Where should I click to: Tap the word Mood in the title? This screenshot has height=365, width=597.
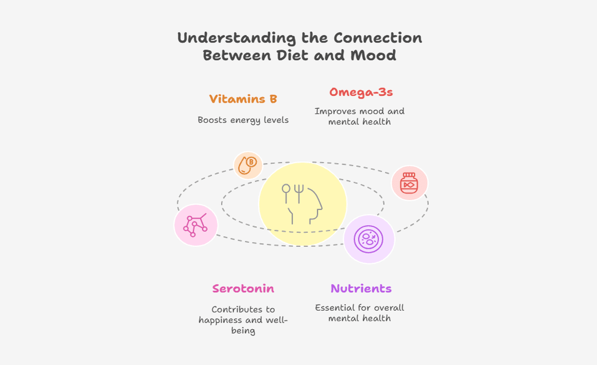(x=374, y=55)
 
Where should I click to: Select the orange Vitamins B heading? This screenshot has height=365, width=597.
(x=243, y=99)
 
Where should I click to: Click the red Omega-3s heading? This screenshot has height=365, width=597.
(x=361, y=92)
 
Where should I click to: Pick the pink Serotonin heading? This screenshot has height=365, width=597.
(x=243, y=288)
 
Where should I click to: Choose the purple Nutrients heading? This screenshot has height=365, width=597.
(x=361, y=288)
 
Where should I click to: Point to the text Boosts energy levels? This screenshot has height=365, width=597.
(x=243, y=120)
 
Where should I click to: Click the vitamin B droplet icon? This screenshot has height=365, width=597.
(x=248, y=165)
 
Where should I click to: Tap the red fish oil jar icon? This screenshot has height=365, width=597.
(x=409, y=184)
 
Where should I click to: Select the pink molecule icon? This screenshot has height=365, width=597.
(x=196, y=225)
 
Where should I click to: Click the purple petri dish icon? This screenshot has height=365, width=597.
(x=368, y=239)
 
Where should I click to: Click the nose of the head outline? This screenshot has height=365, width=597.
(x=321, y=207)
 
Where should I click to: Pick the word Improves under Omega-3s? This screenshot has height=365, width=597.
(x=332, y=111)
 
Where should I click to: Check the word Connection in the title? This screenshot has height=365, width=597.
(x=378, y=38)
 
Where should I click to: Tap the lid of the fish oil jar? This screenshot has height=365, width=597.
(x=409, y=175)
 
